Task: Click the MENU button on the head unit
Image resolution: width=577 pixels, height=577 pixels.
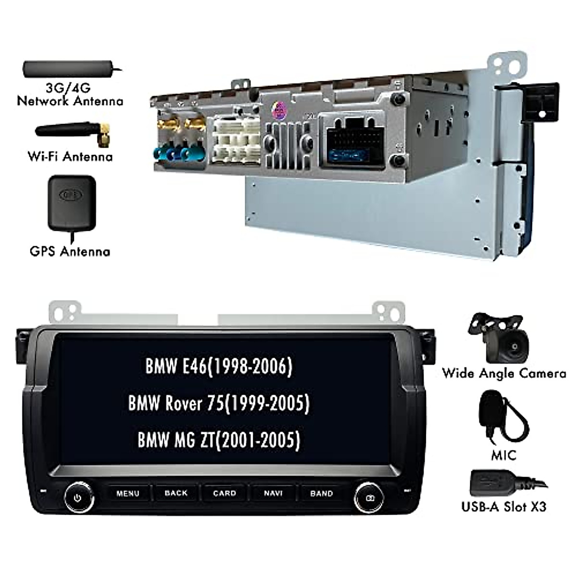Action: point(128,493)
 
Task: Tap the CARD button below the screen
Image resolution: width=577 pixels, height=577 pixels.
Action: point(225,493)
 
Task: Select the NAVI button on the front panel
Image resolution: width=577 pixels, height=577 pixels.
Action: point(273,493)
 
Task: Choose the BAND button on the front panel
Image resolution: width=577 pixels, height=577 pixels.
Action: point(322,493)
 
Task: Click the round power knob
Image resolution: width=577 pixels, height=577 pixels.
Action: point(78,498)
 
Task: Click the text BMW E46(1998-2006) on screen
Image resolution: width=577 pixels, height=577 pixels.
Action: point(219,367)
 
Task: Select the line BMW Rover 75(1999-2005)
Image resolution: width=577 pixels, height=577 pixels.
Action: point(219,403)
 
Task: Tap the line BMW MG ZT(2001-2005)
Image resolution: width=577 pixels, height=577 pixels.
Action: point(219,439)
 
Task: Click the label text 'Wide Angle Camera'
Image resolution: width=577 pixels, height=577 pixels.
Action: point(504,373)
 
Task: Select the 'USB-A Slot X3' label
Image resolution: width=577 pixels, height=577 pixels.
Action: point(503,506)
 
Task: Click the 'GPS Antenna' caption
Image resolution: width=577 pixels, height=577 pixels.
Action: point(70,251)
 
